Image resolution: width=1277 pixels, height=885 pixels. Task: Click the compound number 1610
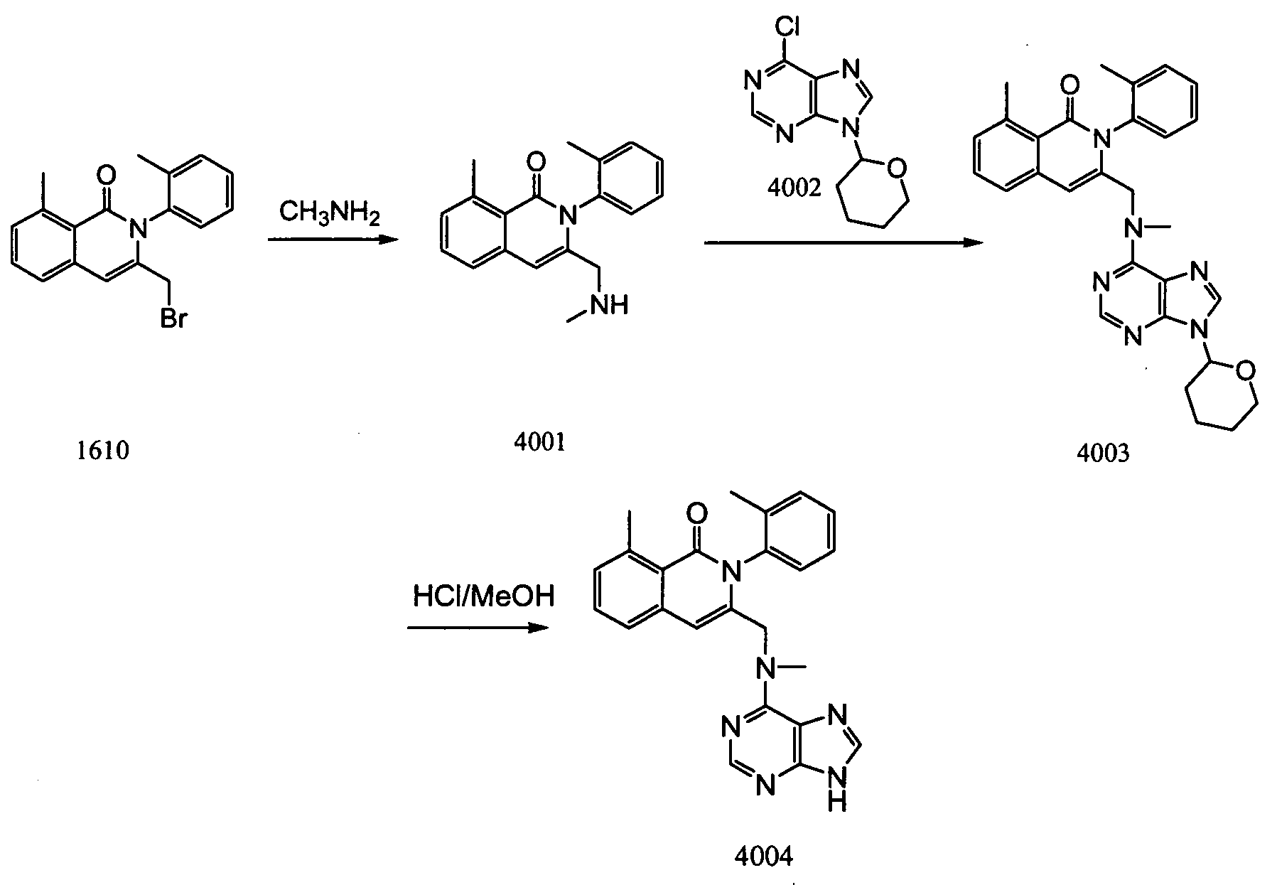[104, 450]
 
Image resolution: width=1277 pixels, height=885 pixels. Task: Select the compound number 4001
[541, 441]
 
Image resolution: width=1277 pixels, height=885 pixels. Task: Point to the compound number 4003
[1102, 453]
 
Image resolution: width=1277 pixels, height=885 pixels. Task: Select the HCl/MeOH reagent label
[483, 596]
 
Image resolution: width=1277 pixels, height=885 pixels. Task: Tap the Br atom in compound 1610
[173, 319]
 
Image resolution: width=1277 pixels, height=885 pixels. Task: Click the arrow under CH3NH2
[331, 240]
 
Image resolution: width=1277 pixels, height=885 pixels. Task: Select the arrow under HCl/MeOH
[478, 628]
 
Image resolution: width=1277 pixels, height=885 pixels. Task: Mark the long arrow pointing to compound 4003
[844, 242]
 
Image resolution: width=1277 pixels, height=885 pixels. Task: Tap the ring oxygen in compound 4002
[898, 170]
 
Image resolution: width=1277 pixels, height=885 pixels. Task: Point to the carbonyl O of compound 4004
[698, 512]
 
